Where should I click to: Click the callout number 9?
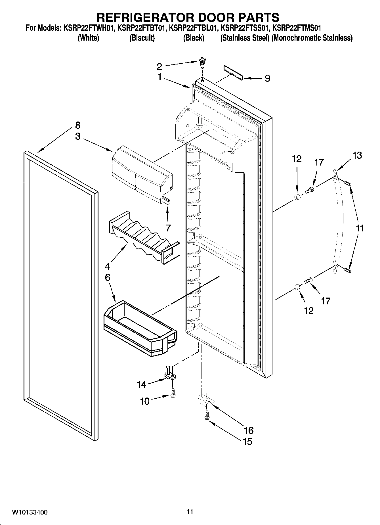pyautogui.click(x=267, y=78)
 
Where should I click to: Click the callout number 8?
pyautogui.click(x=78, y=125)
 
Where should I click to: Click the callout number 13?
pyautogui.click(x=358, y=155)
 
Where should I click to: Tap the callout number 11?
pyautogui.click(x=360, y=228)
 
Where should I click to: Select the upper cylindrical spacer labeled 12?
pyautogui.click(x=297, y=198)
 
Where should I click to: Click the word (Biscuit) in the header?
pyautogui.click(x=142, y=38)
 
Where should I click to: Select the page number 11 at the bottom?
pyautogui.click(x=190, y=511)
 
